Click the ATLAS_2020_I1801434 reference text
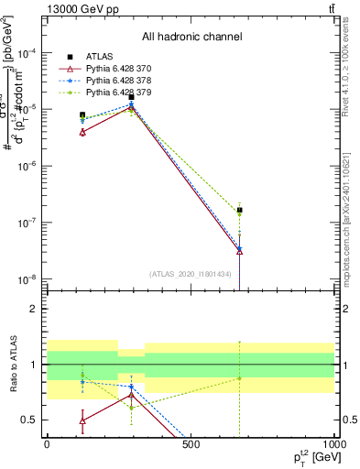(x=189, y=274)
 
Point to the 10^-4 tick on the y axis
(x=26, y=53)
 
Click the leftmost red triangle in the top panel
(x=82, y=132)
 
